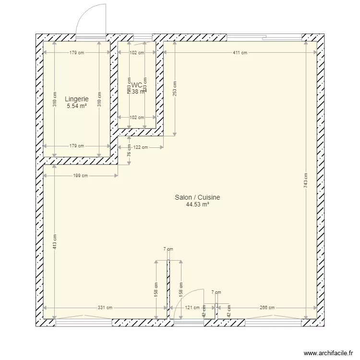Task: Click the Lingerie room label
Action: (x=77, y=99)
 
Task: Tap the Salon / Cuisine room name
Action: (x=197, y=197)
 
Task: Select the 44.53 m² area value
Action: (x=197, y=204)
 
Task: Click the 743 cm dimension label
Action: (x=306, y=180)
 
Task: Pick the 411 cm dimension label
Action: (x=240, y=53)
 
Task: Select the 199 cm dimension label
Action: (x=81, y=176)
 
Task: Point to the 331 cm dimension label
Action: (x=106, y=308)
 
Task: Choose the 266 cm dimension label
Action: (x=267, y=308)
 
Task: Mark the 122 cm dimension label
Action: (x=141, y=148)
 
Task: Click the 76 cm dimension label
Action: (x=129, y=153)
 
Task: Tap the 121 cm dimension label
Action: (x=193, y=308)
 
